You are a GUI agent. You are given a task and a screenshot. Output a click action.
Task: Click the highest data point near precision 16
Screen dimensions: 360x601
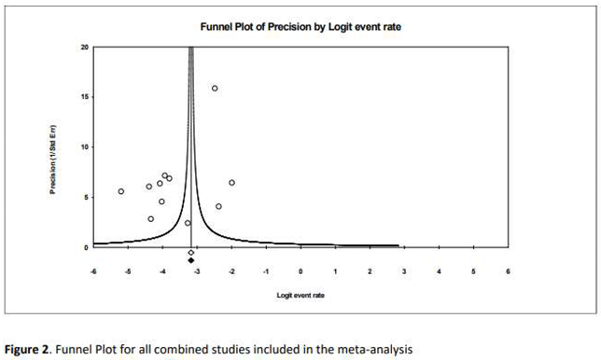click(x=215, y=89)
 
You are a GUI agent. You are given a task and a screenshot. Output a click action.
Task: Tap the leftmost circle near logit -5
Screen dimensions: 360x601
click(x=121, y=191)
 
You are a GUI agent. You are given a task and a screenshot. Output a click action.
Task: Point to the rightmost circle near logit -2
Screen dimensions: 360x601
click(x=231, y=183)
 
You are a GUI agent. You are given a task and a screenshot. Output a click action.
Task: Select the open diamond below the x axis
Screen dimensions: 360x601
click(x=190, y=253)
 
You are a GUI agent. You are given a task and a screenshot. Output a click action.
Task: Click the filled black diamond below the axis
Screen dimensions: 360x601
click(x=190, y=260)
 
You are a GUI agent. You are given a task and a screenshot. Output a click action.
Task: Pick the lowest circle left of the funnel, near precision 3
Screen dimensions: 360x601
click(x=150, y=219)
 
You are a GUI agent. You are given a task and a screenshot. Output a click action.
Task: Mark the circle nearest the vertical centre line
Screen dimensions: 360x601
click(x=188, y=223)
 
